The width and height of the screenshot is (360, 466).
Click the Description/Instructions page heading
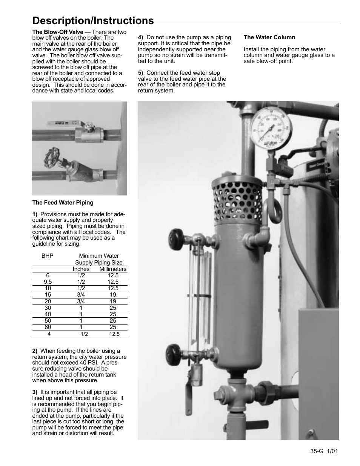(x=93, y=20)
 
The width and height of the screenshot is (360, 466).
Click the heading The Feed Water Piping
(x=63, y=203)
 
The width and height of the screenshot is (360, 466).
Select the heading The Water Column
(x=269, y=37)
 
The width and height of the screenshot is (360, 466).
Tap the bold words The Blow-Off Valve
(x=57, y=32)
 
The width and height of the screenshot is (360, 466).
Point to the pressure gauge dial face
(x=269, y=129)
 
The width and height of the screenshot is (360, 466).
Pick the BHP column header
(x=48, y=256)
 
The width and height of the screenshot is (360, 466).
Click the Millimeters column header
(x=113, y=269)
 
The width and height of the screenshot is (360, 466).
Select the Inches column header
(x=81, y=269)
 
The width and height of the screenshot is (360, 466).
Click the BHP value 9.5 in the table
(x=48, y=282)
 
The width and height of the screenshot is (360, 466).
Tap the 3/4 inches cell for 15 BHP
(x=81, y=295)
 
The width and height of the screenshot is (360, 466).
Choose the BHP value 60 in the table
(x=48, y=327)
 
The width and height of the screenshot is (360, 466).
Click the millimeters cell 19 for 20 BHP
(x=113, y=301)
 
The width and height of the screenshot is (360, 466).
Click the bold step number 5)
(x=140, y=73)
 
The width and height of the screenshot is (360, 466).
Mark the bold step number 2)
(x=35, y=351)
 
